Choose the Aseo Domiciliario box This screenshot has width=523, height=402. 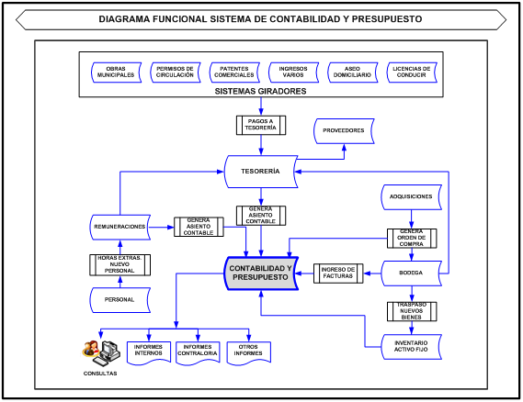(x=352, y=72)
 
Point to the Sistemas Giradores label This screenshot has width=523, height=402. (x=260, y=92)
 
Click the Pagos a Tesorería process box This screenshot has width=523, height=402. (x=261, y=124)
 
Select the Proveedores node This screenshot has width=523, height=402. (x=344, y=130)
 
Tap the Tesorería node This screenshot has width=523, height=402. (x=261, y=171)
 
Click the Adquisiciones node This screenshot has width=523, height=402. (x=411, y=196)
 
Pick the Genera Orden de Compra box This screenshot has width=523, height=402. (x=411, y=237)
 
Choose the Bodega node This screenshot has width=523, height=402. (x=411, y=273)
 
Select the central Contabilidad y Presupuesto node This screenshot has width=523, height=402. (x=261, y=273)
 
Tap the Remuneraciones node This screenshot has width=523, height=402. (x=120, y=226)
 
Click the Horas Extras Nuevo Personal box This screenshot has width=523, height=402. (x=120, y=264)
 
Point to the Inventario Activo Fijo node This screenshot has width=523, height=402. (x=411, y=344)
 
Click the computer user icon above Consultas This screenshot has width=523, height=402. (x=100, y=350)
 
